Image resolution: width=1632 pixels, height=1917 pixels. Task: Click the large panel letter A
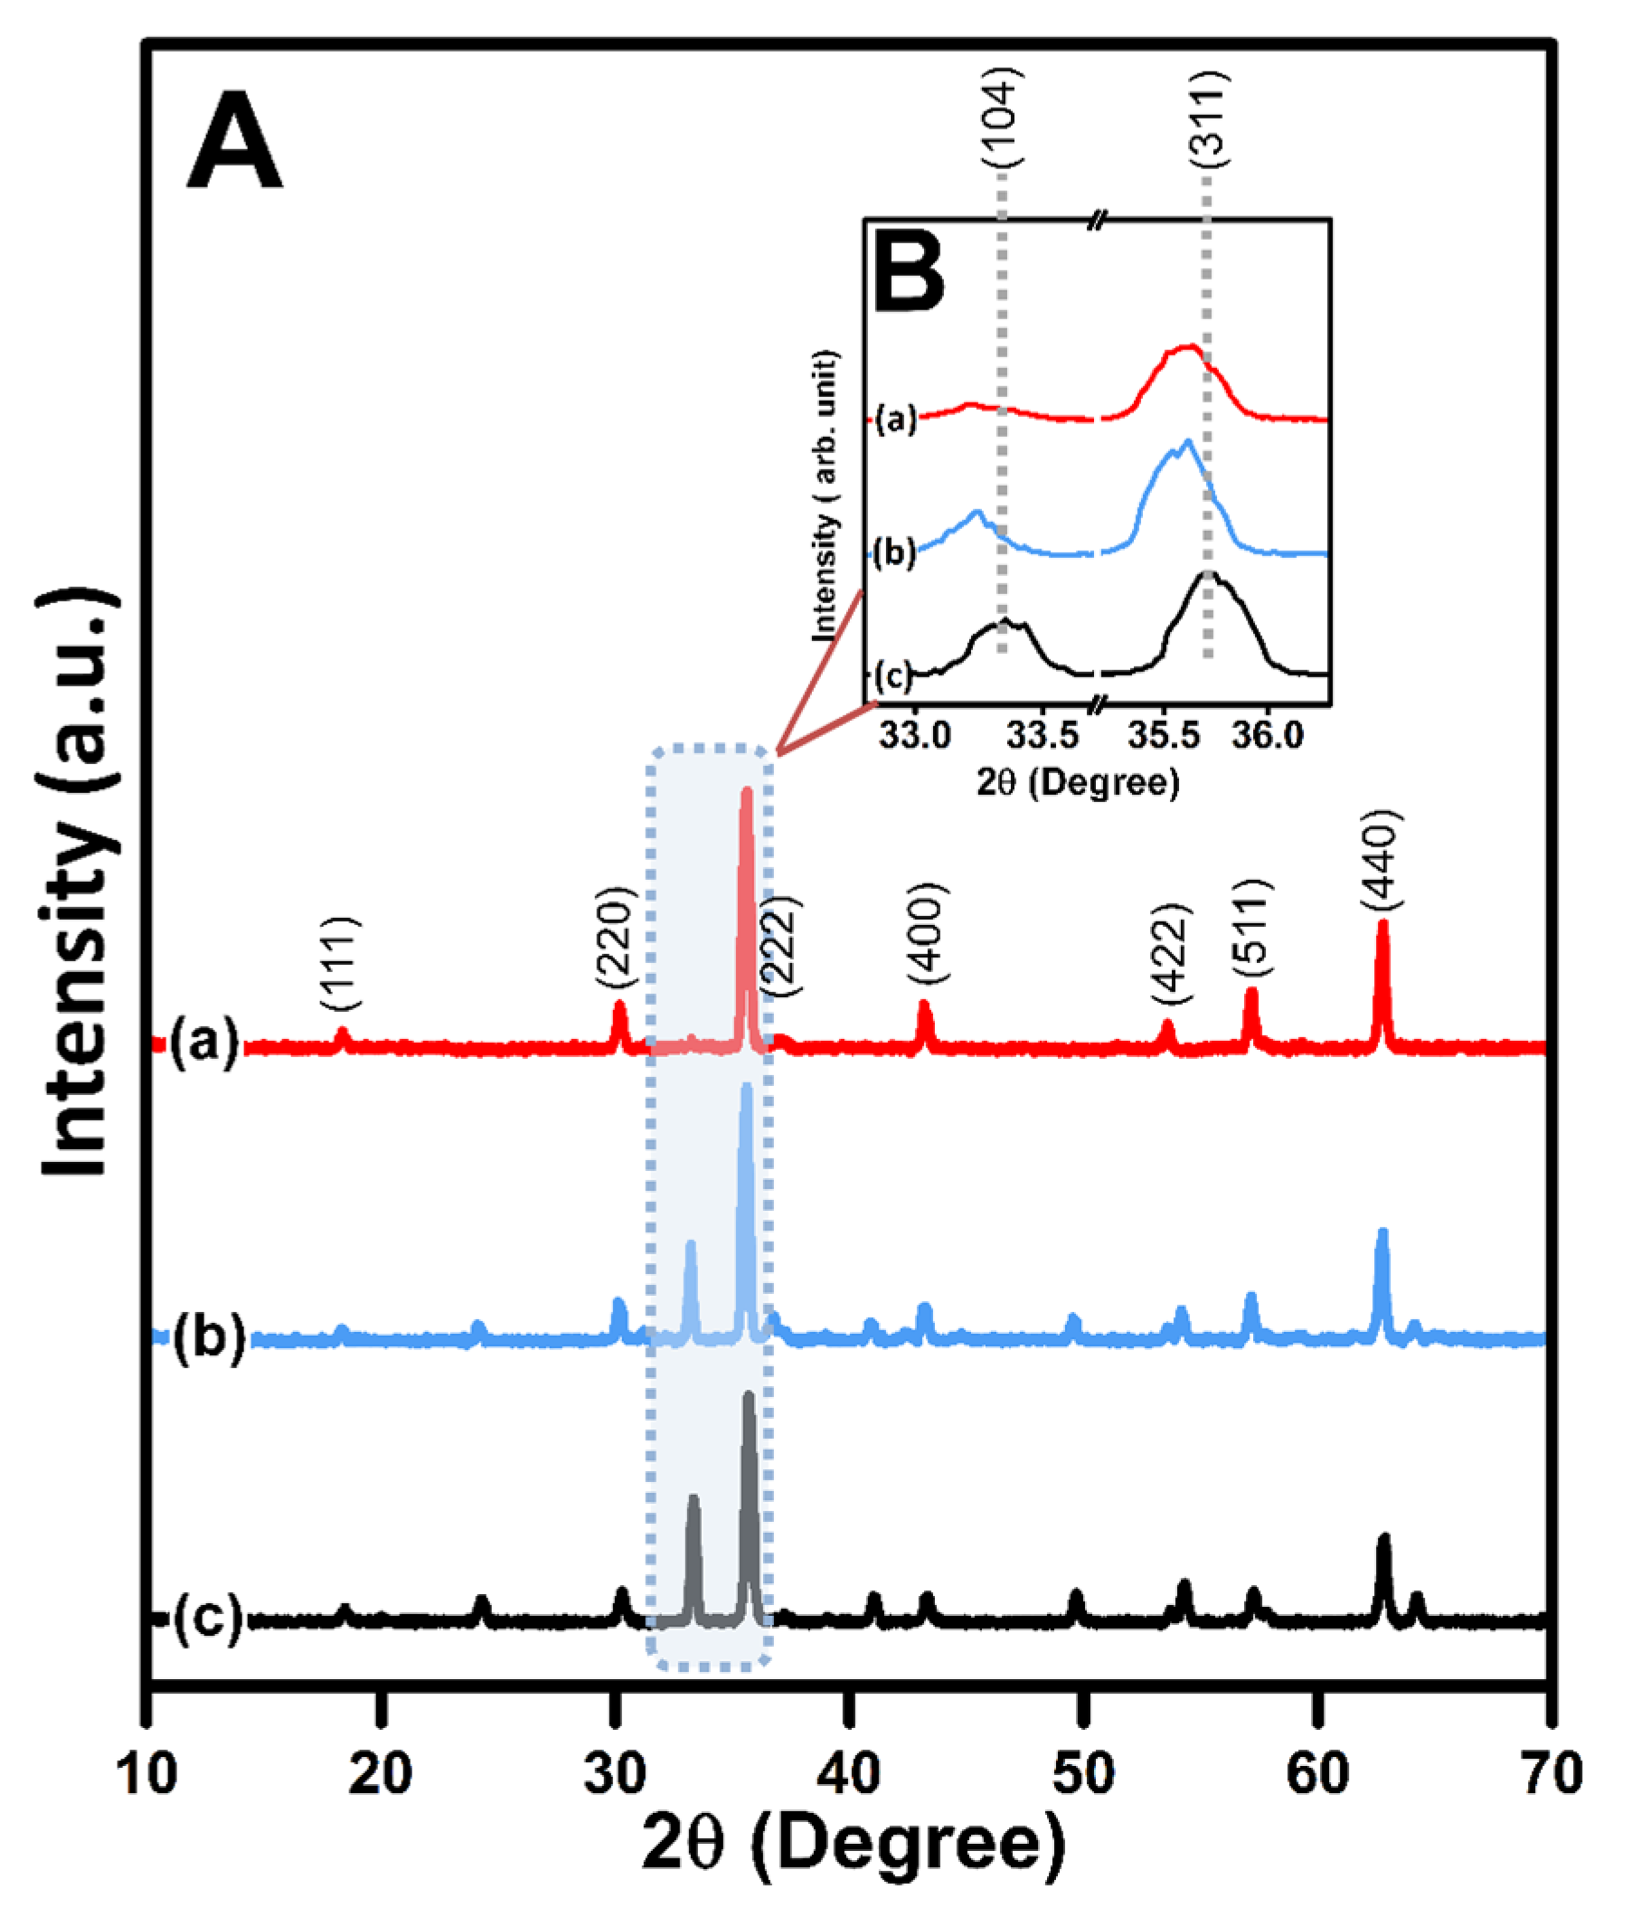pyautogui.click(x=233, y=142)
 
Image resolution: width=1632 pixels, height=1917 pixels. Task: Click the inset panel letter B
pyautogui.click(x=910, y=269)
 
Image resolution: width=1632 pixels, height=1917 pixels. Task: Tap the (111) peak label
pyautogui.click(x=340, y=964)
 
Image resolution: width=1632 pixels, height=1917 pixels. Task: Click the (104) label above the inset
pyautogui.click(x=1002, y=118)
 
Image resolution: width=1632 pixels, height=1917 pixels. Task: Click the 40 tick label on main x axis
pyautogui.click(x=848, y=1773)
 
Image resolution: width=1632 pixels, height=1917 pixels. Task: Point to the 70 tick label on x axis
pyautogui.click(x=1552, y=1773)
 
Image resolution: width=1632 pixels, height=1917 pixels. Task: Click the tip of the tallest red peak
pyautogui.click(x=746, y=791)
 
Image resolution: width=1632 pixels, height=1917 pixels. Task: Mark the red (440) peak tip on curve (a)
pyautogui.click(x=1382, y=923)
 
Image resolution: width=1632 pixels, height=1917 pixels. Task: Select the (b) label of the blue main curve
pyautogui.click(x=209, y=1336)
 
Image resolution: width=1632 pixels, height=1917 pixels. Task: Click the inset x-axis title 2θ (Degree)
pyautogui.click(x=1078, y=783)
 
